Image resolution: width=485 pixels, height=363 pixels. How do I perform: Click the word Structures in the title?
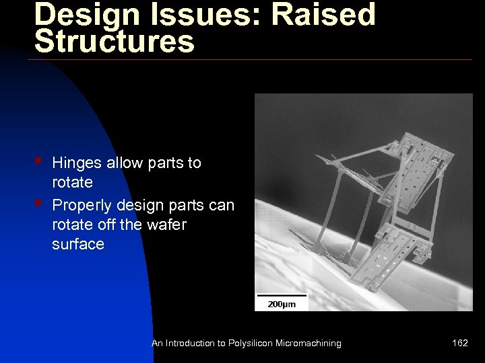[115, 42]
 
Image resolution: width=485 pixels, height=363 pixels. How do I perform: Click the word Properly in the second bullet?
[81, 204]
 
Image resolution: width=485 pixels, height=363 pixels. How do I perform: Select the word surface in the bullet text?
[77, 244]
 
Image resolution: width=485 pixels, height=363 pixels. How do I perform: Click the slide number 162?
[460, 344]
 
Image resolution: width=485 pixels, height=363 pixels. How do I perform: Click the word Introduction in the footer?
[189, 344]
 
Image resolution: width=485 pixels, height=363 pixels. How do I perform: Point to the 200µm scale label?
[281, 305]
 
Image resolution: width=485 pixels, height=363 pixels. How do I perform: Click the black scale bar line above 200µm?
[281, 295]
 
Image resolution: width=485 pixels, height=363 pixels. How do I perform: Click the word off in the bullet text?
[104, 224]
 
